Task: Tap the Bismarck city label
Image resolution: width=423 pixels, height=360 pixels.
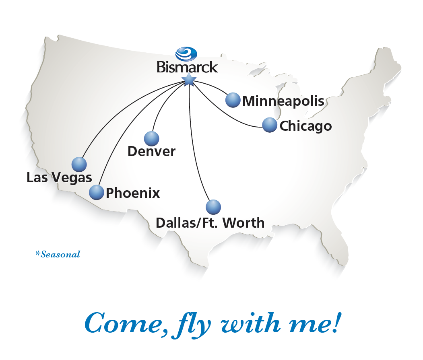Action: coord(187,66)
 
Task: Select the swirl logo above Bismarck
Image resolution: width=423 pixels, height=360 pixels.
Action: coord(186,53)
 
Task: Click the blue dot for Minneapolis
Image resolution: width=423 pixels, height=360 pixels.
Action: coord(233,100)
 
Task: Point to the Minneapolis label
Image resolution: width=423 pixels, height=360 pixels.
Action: coord(283,101)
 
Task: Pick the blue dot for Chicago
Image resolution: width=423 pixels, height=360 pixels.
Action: coord(269,125)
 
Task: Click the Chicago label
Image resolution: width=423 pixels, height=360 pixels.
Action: coord(305,126)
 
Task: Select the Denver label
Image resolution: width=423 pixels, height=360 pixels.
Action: coord(151,152)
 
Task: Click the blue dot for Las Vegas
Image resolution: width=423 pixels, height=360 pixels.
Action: coord(79,164)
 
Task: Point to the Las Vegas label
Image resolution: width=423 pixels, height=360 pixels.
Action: coord(59,177)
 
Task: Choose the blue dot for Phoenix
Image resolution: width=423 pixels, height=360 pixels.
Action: coord(97,193)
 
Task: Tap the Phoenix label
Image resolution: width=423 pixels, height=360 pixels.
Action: coord(133,193)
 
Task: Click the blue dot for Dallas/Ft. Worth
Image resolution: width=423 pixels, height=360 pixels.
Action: coord(213,207)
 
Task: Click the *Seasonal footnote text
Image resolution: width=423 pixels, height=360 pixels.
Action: coord(58,254)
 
